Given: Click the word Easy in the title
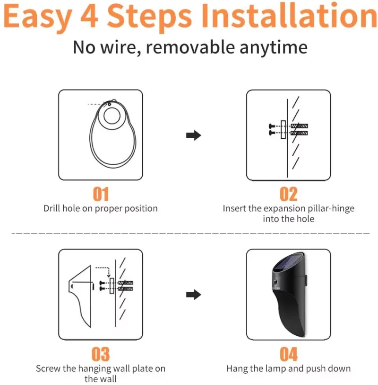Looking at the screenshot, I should click(37, 17).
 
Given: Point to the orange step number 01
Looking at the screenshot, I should click(101, 194).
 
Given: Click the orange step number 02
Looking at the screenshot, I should click(289, 194).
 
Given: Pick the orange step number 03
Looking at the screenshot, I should click(101, 354).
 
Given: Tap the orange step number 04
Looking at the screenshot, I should click(289, 354).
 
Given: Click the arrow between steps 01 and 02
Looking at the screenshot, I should click(194, 135).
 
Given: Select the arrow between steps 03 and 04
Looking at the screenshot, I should click(194, 295).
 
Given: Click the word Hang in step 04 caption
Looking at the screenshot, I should click(236, 368).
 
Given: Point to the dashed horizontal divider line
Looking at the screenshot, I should click(189, 233).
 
